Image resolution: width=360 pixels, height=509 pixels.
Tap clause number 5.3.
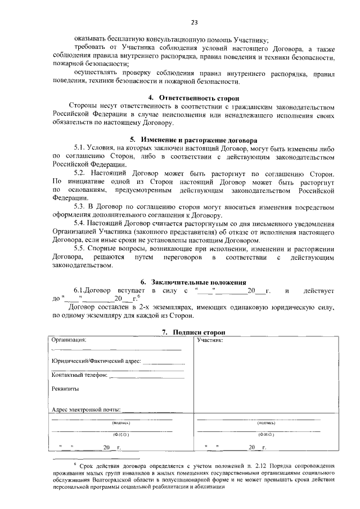(81, 207)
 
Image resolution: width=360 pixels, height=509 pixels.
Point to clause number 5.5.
(81, 249)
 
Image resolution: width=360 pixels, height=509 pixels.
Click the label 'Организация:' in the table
(69, 340)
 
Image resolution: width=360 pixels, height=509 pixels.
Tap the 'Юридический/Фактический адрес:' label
(96, 361)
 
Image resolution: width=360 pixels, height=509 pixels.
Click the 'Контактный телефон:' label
(79, 375)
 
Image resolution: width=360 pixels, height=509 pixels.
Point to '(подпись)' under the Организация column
(121, 422)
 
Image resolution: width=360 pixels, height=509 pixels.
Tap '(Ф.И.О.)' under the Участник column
(265, 435)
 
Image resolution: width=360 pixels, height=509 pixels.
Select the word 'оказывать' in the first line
(92, 39)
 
